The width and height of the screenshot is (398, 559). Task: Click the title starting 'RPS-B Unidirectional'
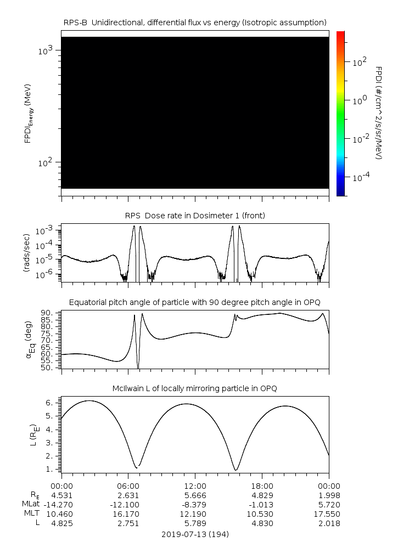point(195,22)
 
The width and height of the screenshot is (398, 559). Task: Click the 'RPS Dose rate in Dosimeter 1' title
point(195,215)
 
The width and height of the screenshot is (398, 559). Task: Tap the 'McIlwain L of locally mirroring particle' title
point(195,388)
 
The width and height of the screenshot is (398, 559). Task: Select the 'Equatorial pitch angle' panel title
point(195,302)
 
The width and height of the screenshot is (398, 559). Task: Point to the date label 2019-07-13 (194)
point(195,534)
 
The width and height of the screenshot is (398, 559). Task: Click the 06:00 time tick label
point(128,485)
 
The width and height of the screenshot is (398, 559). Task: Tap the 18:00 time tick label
point(262,485)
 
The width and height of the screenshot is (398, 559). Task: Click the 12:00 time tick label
point(195,485)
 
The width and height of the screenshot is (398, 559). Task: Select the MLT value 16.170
point(128,514)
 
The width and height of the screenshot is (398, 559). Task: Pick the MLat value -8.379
point(195,504)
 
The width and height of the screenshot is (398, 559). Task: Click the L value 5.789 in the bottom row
point(195,523)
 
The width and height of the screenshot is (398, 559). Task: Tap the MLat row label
point(29,504)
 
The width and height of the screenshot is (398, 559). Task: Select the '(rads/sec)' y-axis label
point(27,253)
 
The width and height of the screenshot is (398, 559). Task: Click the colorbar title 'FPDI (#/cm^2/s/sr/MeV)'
point(379,113)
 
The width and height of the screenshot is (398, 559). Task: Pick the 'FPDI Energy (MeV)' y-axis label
point(27,113)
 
